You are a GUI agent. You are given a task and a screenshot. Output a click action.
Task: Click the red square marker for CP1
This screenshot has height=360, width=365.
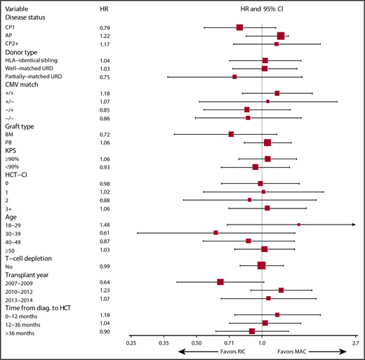(239, 27)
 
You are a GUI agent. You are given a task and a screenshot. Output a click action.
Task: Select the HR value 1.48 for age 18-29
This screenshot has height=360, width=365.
(106, 225)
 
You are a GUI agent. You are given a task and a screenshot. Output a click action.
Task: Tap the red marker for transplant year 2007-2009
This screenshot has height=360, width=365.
(220, 282)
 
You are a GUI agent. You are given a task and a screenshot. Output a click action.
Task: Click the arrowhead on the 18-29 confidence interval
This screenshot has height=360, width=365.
(354, 225)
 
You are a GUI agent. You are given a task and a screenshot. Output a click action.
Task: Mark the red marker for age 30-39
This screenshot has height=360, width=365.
(215, 232)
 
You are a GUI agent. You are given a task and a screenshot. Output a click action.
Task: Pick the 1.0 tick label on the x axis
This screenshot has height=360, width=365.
(262, 343)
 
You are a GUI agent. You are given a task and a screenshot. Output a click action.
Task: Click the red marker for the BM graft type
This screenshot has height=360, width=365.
(231, 134)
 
